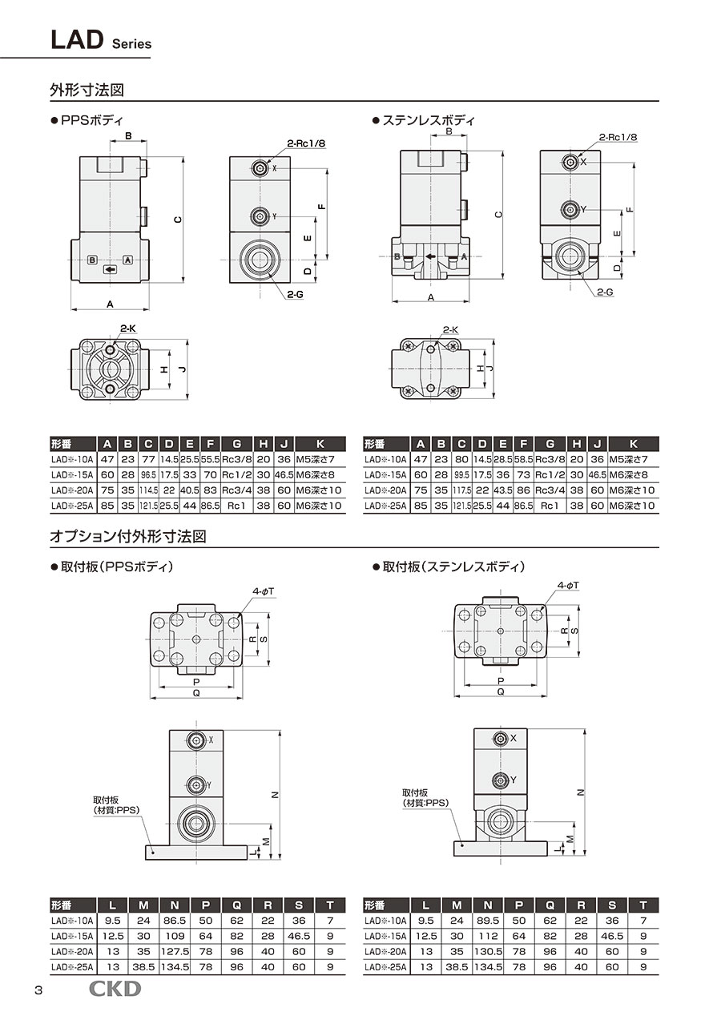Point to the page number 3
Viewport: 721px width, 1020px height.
pos(38,990)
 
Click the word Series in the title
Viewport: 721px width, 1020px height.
pos(131,45)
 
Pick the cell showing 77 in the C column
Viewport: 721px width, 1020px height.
pos(148,459)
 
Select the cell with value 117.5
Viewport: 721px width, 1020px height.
pos(461,490)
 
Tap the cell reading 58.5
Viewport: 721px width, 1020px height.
pos(523,459)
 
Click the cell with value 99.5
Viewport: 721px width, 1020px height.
pos(461,474)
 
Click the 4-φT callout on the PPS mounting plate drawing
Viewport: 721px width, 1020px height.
pos(264,591)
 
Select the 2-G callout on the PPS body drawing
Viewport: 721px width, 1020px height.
pos(295,295)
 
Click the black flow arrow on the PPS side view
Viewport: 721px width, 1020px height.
pos(110,269)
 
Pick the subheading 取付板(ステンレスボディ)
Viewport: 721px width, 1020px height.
pos(453,567)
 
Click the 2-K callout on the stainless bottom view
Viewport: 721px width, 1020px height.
pos(449,329)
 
